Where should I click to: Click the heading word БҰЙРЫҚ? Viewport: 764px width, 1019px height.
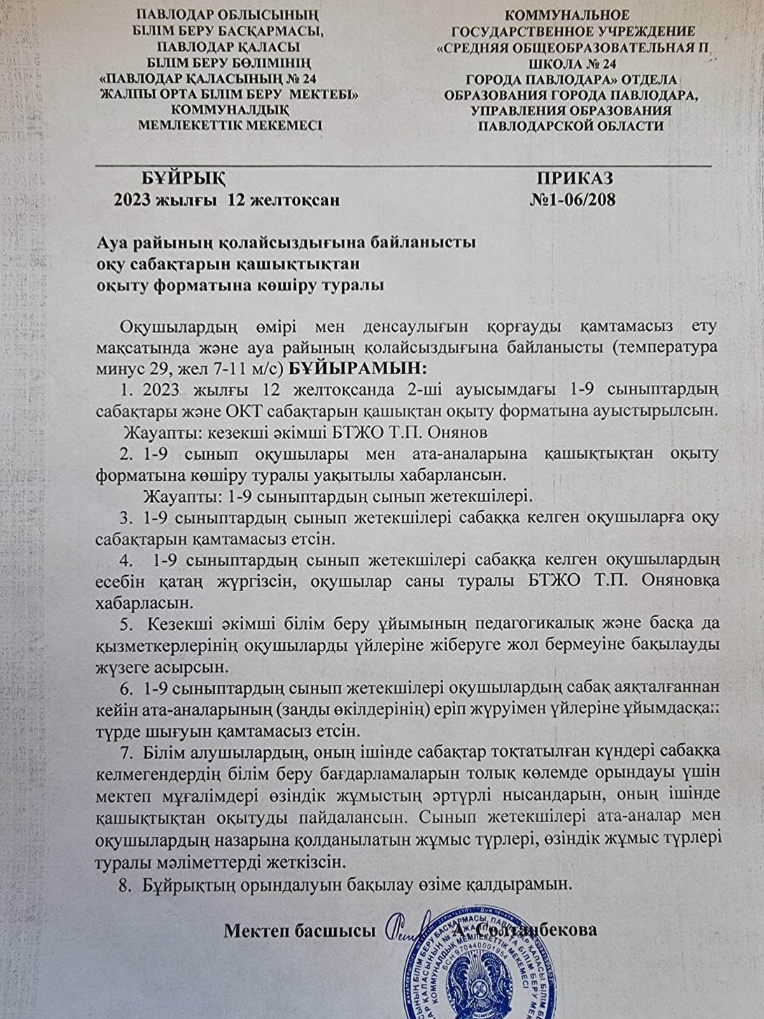[x=184, y=178]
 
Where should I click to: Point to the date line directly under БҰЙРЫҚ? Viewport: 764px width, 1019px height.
[x=227, y=200]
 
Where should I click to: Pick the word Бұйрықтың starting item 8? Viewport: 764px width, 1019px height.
[x=189, y=884]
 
